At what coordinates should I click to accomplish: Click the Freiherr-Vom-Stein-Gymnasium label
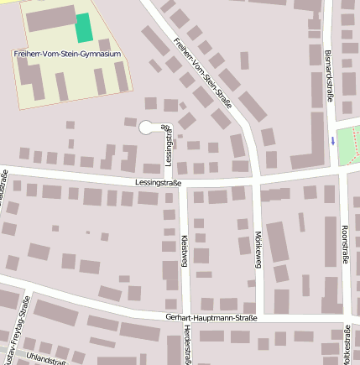coord(67,54)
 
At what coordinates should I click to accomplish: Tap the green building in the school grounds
coord(84,28)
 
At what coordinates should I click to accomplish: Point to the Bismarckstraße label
coord(328,76)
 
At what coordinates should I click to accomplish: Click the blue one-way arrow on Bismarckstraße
coord(332,140)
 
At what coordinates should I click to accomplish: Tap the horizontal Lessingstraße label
coord(158,181)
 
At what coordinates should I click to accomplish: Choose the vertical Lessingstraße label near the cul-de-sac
coord(169,146)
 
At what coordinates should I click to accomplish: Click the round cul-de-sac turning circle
coord(146,128)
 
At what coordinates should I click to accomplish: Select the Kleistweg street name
coord(184,257)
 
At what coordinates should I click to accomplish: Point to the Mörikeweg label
coord(258,250)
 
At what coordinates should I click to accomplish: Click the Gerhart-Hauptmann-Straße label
coord(212,318)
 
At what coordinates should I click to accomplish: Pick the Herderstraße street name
coord(185,344)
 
